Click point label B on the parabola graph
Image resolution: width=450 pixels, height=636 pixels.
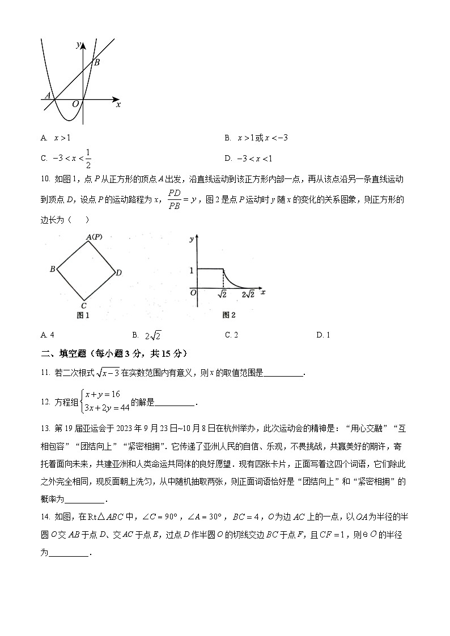point(97,63)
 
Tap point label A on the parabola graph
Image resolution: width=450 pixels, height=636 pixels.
point(48,96)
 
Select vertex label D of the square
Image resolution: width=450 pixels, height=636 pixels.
point(118,273)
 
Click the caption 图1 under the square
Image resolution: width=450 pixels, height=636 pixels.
point(83,315)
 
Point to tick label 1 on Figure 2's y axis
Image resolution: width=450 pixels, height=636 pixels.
point(191,271)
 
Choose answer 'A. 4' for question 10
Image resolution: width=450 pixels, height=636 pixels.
point(48,335)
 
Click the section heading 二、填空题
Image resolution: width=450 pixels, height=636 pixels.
point(61,354)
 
